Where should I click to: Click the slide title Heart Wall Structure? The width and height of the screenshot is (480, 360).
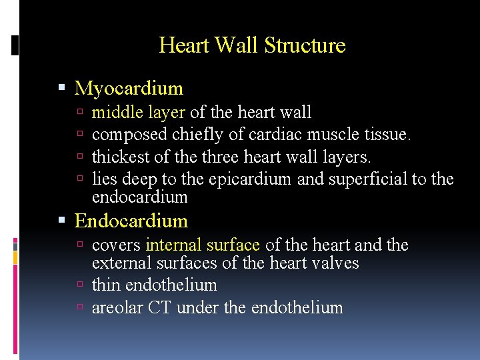(252, 45)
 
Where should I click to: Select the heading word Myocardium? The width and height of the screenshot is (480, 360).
(129, 88)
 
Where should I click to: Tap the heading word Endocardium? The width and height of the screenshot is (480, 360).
(131, 221)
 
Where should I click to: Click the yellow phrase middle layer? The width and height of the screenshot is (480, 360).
(139, 113)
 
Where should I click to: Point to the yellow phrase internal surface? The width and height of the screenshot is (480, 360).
(203, 245)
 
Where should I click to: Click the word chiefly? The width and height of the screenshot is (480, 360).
(198, 135)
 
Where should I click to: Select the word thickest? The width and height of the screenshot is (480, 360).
(120, 157)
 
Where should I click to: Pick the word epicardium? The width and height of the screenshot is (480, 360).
(250, 179)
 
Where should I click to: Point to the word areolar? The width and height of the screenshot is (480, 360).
(114, 307)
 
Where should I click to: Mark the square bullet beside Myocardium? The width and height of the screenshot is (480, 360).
(62, 89)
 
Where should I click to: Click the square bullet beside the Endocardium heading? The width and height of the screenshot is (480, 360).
(62, 221)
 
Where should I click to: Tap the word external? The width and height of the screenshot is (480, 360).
(119, 263)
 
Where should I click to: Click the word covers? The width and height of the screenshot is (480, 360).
(116, 245)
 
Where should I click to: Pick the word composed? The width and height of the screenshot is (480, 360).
(129, 135)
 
